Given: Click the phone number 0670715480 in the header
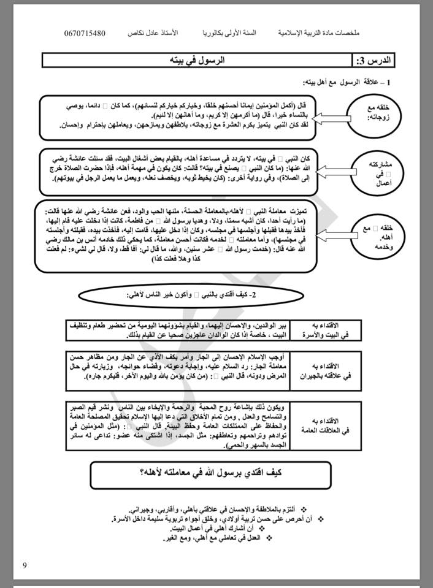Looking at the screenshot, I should (93, 32).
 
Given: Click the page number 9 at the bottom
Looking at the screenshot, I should (25, 565).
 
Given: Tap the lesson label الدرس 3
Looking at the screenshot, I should (375, 61).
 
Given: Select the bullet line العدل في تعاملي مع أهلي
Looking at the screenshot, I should (212, 538).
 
